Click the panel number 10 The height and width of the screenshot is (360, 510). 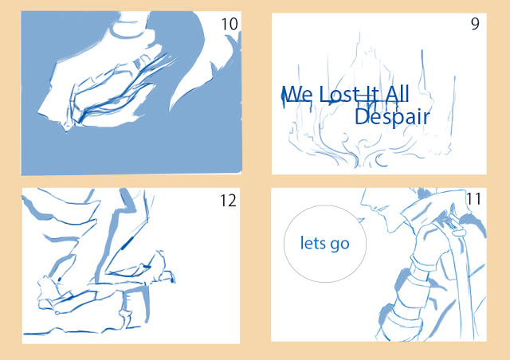tap(229, 24)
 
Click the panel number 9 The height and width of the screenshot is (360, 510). tap(475, 24)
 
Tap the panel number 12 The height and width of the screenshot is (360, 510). tap(228, 201)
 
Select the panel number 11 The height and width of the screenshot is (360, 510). tap(473, 198)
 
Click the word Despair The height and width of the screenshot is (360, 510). tap(392, 117)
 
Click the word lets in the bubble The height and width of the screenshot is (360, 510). tap(312, 243)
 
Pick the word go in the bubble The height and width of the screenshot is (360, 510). tap(339, 245)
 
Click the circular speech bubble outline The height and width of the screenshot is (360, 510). tap(284, 244)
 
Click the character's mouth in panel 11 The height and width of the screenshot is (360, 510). tap(375, 208)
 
